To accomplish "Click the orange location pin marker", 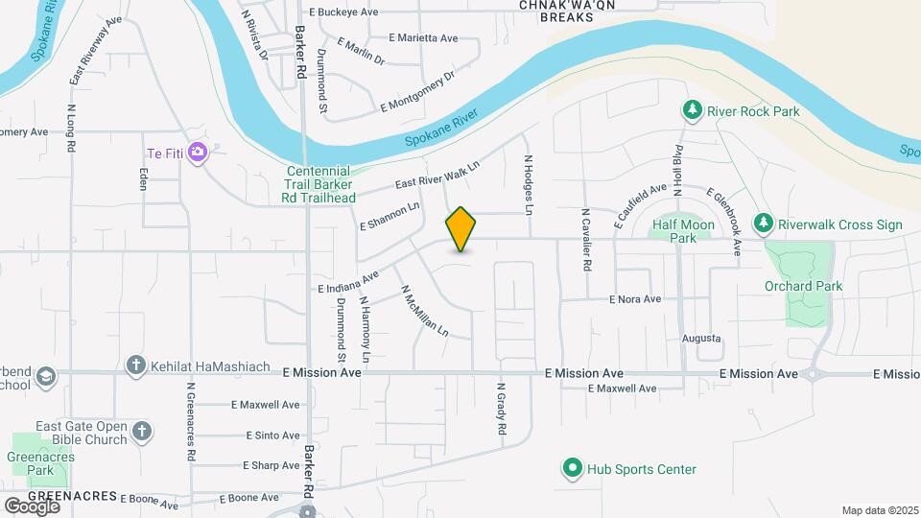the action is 460,228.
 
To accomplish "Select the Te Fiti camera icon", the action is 198,152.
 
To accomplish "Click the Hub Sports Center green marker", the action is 573,469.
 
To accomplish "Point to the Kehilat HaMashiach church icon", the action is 135,365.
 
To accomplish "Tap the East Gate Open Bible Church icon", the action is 142,431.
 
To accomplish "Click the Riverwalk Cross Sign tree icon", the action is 763,224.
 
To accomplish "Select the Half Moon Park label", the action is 683,231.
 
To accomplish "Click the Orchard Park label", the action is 802,286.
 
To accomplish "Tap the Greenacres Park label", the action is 40,464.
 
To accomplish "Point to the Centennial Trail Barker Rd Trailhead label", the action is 320,184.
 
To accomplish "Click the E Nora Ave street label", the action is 635,299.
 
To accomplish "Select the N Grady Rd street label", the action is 501,411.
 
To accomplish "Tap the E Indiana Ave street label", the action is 348,280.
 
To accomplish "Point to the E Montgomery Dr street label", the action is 417,92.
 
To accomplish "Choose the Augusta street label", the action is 700,339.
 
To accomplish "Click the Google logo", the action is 32,506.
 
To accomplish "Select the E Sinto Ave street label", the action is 272,436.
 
